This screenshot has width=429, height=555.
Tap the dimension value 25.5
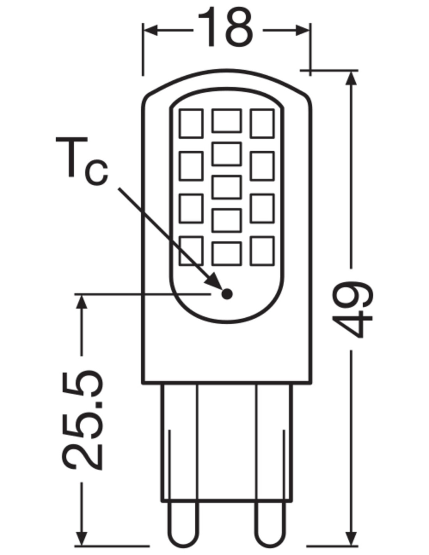(83, 419)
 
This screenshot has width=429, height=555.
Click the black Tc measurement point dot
(227, 294)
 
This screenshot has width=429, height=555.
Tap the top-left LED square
(191, 123)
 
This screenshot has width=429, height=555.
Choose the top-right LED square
(262, 123)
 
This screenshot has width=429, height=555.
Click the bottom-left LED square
(191, 251)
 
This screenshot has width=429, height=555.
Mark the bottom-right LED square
(262, 251)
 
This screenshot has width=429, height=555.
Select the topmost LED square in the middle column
(226, 121)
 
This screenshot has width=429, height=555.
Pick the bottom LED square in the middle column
(226, 254)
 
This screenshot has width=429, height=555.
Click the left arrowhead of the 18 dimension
(150, 30)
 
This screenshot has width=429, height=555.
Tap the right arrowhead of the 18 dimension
(303, 30)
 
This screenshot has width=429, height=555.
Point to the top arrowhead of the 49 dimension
(352, 78)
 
